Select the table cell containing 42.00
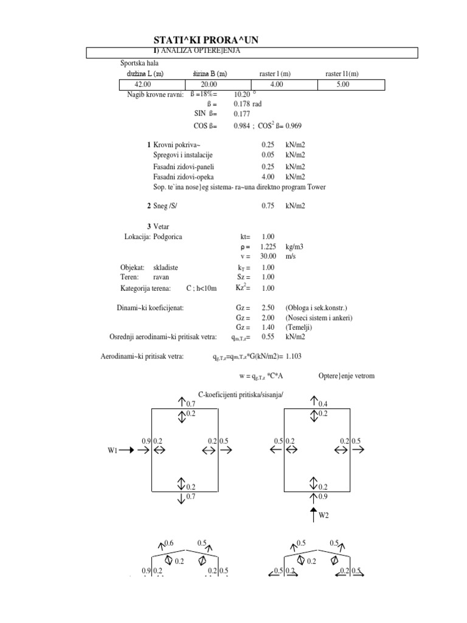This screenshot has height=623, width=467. pyautogui.click(x=142, y=85)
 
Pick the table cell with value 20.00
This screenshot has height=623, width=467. pyautogui.click(x=209, y=85)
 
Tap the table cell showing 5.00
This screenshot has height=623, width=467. pyautogui.click(x=342, y=85)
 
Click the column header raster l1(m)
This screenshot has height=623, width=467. pyautogui.click(x=342, y=74)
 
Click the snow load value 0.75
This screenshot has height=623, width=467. pyautogui.click(x=268, y=206)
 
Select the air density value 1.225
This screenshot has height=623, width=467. pyautogui.click(x=268, y=246)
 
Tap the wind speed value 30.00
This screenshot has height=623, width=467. pyautogui.click(x=268, y=256)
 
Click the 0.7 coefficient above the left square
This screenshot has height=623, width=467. pyautogui.click(x=190, y=404)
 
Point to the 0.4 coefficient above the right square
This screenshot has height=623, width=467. pyautogui.click(x=323, y=404)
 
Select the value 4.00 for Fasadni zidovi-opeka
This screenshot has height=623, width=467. pyautogui.click(x=268, y=176)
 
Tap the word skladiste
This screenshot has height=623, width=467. pyautogui.click(x=166, y=267)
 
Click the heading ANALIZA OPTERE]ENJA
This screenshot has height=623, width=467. pyautogui.click(x=199, y=50)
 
